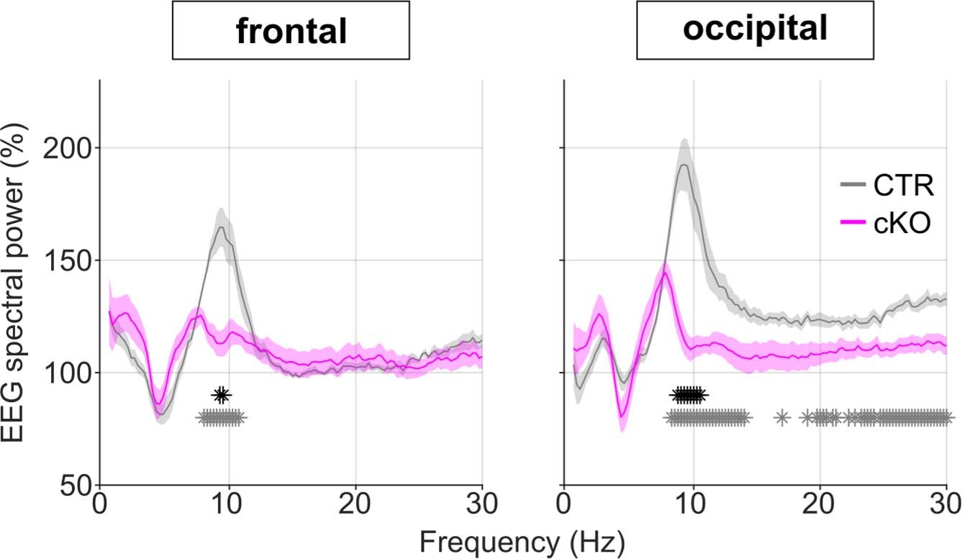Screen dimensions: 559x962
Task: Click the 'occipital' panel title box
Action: pos(755,30)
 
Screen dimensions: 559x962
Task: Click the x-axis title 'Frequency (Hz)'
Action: pos(522,540)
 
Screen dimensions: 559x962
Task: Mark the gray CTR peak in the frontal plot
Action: pos(222,227)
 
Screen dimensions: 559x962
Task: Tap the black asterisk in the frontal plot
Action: pos(222,395)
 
